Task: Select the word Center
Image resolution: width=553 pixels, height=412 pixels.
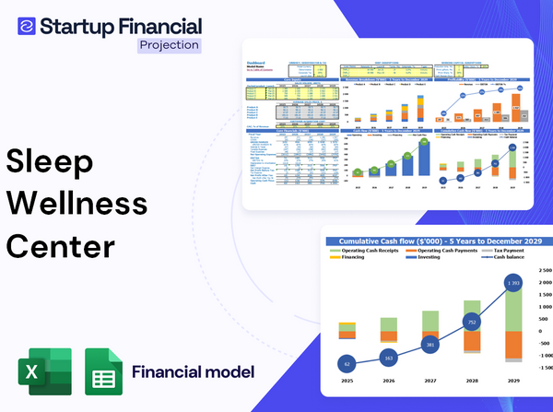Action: [x=62, y=246]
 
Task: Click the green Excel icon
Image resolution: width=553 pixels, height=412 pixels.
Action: [x=44, y=372]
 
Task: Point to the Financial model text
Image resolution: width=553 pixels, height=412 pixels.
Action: [x=193, y=372]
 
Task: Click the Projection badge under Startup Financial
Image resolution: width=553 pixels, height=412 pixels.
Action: [x=169, y=44]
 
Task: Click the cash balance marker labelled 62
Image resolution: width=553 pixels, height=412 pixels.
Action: [x=347, y=364]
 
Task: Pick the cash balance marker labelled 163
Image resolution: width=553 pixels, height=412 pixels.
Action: [x=388, y=356]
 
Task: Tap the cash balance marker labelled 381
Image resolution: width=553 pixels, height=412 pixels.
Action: [x=429, y=344]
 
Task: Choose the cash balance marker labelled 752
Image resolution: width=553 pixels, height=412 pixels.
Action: [x=471, y=323]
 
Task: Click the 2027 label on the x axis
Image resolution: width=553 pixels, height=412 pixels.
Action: [x=429, y=380]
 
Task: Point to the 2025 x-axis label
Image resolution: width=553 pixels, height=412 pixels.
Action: [x=347, y=380]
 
